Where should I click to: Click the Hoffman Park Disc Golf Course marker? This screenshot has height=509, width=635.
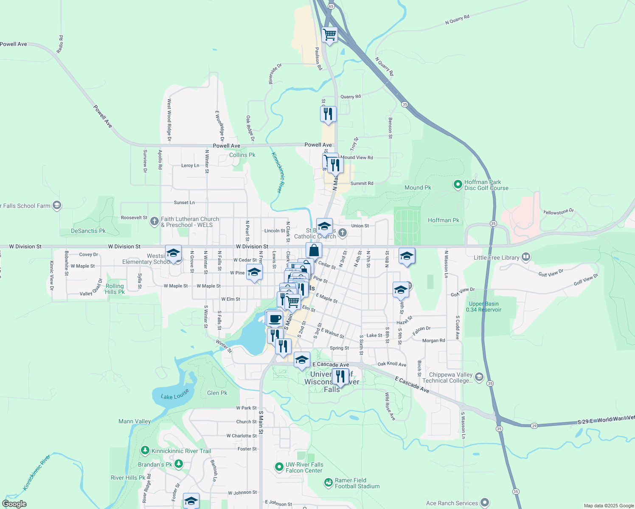tap(458, 185)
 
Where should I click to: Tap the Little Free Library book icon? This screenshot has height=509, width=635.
tap(526, 257)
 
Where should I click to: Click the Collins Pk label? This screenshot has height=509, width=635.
tap(242, 155)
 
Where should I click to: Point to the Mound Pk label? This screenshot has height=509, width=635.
tap(418, 187)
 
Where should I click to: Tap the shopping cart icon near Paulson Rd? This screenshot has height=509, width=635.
tap(329, 34)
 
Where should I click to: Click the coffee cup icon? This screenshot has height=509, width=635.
tap(275, 318)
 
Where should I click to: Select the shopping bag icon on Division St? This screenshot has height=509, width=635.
tap(314, 250)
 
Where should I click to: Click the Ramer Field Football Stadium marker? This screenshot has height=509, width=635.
tap(328, 482)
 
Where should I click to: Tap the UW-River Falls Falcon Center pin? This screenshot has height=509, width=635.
tap(279, 467)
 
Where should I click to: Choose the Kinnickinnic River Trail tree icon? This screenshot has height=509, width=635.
tap(145, 450)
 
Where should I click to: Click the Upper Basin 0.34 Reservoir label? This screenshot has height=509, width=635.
tap(483, 307)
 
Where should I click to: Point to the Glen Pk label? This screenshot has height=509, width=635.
tap(217, 393)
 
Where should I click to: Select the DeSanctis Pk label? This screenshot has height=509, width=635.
tap(88, 231)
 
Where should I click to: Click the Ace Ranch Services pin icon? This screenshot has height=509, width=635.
tap(485, 503)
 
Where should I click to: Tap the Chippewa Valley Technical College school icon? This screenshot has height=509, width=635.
tap(479, 377)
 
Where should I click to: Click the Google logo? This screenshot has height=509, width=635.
tap(14, 504)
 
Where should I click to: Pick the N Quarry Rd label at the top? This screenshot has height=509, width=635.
tap(457, 20)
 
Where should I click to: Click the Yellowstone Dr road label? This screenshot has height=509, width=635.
tap(558, 212)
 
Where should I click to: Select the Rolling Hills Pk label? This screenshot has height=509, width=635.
tap(115, 289)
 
